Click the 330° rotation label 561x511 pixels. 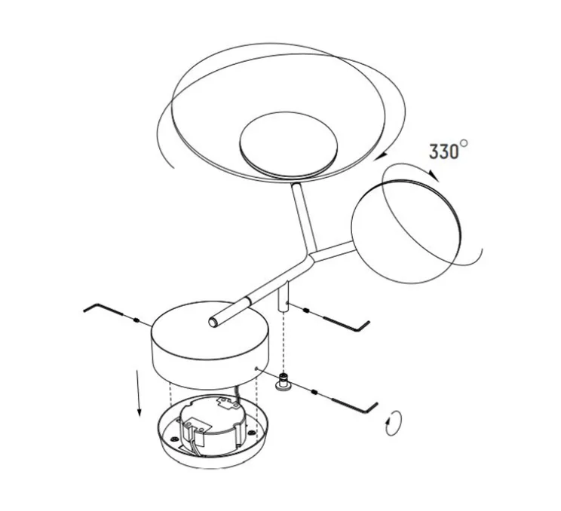click(448, 150)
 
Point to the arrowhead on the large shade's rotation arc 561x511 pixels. click(384, 155)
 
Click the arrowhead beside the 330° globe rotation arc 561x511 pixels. click(434, 176)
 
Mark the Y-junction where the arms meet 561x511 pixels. click(312, 255)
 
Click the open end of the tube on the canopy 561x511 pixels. click(213, 323)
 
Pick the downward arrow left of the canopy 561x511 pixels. click(138, 393)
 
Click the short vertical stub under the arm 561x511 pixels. click(284, 295)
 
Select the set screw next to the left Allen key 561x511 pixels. click(136, 320)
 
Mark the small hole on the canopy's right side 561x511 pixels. click(256, 368)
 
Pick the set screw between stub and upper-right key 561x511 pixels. click(306, 310)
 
